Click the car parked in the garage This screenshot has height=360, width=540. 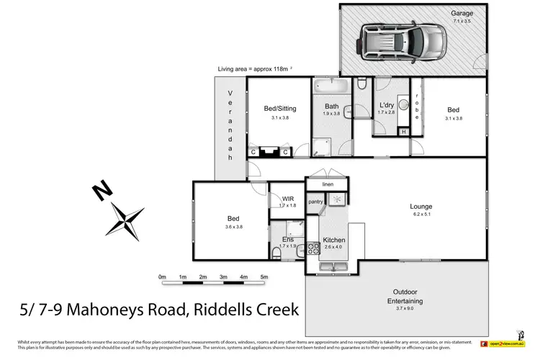tap(405, 42)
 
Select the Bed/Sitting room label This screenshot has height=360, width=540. tap(279, 109)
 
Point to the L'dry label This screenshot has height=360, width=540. tap(387, 106)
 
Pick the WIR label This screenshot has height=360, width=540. tap(288, 199)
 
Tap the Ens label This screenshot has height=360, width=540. tap(287, 239)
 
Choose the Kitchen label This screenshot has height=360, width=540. tap(335, 240)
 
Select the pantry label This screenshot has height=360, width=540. tap(315, 202)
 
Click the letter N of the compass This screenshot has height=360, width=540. tap(103, 191)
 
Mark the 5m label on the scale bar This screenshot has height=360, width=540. tap(264, 277)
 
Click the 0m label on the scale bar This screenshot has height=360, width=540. tap(162, 277)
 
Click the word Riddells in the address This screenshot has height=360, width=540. tap(210, 311)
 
